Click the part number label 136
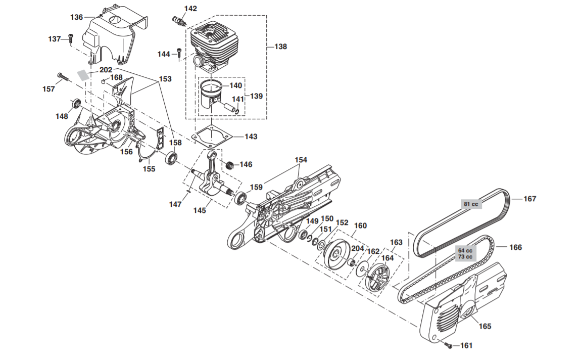[76, 17]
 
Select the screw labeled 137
[71, 37]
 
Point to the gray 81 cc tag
[471, 204]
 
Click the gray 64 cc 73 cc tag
[465, 253]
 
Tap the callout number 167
[529, 199]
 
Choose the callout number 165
[485, 326]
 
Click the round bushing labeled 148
[77, 104]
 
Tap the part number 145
[200, 210]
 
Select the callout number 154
[301, 160]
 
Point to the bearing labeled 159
[241, 198]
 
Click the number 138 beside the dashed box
[280, 47]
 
